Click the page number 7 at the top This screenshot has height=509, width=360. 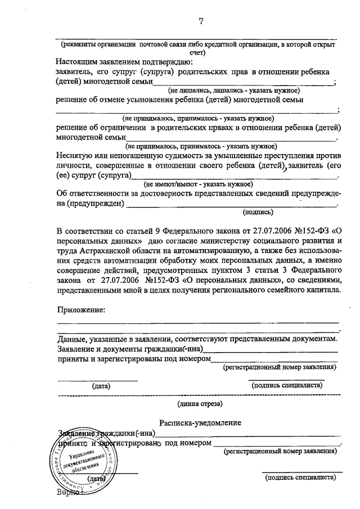click(x=201, y=22)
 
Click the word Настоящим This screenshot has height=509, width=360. click(x=78, y=61)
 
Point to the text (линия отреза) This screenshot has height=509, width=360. click(x=200, y=403)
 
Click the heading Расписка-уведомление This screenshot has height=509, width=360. click(x=200, y=422)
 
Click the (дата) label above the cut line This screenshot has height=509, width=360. click(x=101, y=386)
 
